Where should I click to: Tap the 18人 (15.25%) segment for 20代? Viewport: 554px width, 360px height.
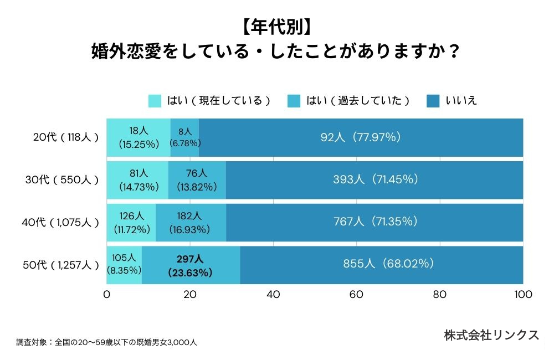pos(138,137)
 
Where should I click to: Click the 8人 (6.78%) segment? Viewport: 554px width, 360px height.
pos(185,137)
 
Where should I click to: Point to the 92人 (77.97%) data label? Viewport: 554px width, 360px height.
pos(361,137)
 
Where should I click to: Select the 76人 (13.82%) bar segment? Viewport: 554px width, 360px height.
pos(197,180)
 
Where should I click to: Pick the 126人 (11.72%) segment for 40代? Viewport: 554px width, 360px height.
pos(131,223)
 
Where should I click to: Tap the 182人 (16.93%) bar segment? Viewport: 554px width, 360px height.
pos(191,223)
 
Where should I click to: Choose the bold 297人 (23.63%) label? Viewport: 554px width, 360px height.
pos(190,265)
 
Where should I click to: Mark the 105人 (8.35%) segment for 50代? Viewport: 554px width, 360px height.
pos(124,265)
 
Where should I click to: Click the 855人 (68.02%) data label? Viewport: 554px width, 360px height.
pos(382,264)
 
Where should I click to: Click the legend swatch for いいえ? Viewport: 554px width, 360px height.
pos(433,101)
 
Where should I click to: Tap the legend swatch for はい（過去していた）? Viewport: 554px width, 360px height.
pos(294,101)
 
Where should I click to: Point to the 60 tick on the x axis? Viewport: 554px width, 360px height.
pos(356,295)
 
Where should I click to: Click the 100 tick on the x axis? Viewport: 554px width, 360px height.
pos(523,295)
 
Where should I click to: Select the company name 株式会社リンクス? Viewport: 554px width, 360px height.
pos(491,335)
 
